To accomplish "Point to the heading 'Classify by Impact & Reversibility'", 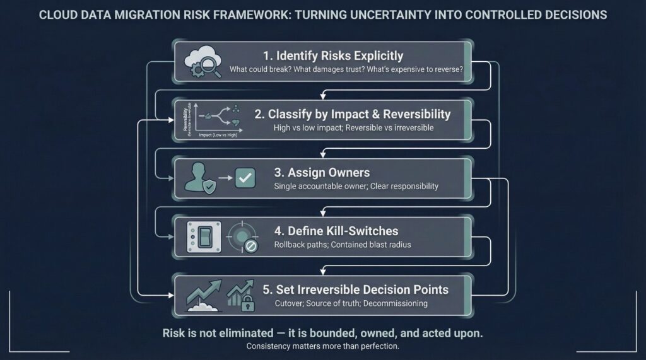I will pyautogui.click(x=353, y=114).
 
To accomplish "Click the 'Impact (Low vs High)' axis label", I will pyautogui.click(x=214, y=134).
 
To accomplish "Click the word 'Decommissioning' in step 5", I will pyautogui.click(x=397, y=303).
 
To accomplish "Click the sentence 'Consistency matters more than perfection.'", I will pyautogui.click(x=322, y=346).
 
